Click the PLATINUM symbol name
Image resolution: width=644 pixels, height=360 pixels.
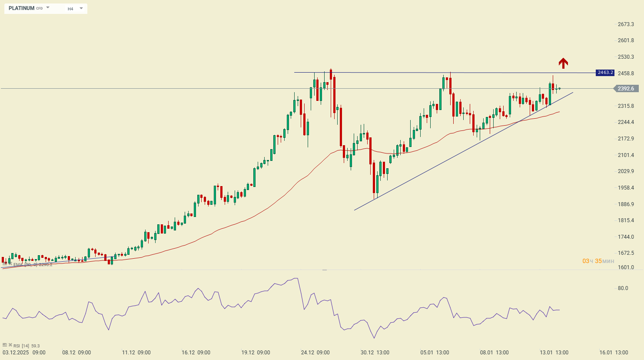click(x=21, y=8)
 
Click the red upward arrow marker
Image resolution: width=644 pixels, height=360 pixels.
click(x=563, y=63)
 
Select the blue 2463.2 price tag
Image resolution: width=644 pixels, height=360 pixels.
click(x=605, y=73)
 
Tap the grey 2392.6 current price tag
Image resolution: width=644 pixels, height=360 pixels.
click(x=626, y=89)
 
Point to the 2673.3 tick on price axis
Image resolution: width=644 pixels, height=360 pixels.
click(x=626, y=24)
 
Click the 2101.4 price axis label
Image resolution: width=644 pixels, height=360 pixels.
click(x=626, y=155)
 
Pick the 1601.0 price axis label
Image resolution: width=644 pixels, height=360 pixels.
click(x=626, y=267)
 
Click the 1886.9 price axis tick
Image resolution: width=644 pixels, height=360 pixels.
click(x=626, y=204)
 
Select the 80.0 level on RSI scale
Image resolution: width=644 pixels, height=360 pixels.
click(x=623, y=288)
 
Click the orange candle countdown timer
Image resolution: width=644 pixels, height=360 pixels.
click(x=598, y=261)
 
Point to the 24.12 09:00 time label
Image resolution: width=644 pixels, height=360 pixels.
click(x=315, y=353)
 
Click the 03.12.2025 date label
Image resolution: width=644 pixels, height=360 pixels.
click(x=16, y=353)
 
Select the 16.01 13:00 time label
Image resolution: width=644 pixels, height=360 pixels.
click(x=613, y=353)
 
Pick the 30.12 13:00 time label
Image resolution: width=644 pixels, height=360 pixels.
click(x=375, y=353)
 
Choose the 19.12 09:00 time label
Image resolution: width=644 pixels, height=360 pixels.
click(x=256, y=353)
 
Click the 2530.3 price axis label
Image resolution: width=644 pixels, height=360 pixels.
click(x=626, y=57)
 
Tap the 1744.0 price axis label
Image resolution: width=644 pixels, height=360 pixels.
click(x=626, y=237)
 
